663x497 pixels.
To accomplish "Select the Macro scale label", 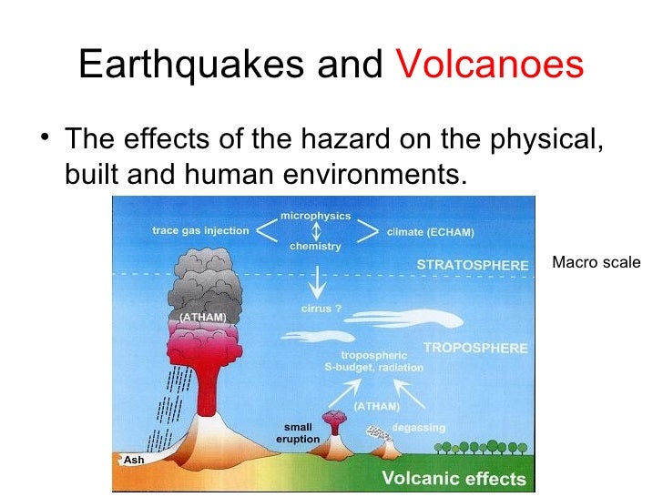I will [x=597, y=263].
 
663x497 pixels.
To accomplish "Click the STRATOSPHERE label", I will [x=472, y=265].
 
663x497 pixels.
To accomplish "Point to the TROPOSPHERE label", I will [x=474, y=348].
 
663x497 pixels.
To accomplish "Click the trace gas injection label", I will [x=200, y=231].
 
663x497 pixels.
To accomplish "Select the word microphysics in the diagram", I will [x=316, y=215].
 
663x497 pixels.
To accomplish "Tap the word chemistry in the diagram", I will [x=316, y=247].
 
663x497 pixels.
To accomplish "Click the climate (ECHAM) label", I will [x=431, y=232].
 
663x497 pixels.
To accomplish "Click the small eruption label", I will [x=298, y=432].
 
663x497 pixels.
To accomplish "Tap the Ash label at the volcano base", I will [x=133, y=460].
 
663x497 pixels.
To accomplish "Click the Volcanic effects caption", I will [x=454, y=479].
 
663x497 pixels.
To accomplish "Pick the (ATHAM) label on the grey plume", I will [x=202, y=317].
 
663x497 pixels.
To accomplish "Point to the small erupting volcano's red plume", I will [x=336, y=421].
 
